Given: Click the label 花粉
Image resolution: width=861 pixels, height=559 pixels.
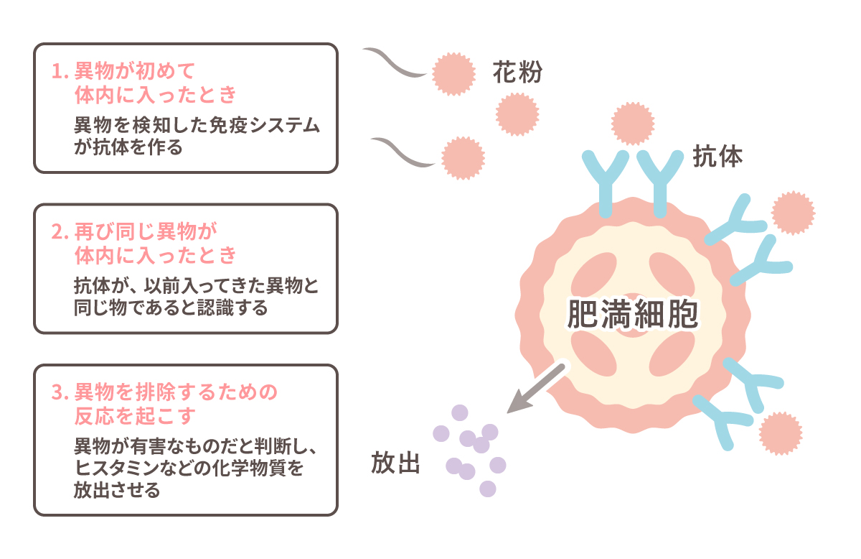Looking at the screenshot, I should click(x=517, y=73).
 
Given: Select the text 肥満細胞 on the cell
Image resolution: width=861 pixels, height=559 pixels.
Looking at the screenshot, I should click(x=632, y=315).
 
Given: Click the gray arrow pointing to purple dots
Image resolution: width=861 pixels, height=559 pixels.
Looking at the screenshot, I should click(x=537, y=389).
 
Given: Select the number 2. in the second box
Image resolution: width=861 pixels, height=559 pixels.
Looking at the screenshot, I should click(x=60, y=232).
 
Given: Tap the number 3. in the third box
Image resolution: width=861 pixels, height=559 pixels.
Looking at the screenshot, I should click(x=60, y=392).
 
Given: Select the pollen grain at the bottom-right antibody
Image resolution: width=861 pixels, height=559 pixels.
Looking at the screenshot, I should click(x=780, y=433).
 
